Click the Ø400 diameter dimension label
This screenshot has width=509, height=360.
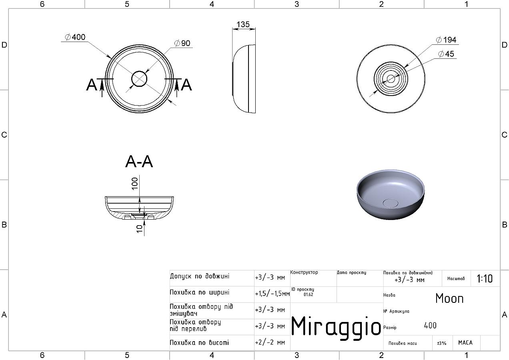(75, 37)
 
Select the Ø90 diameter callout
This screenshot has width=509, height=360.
(182, 43)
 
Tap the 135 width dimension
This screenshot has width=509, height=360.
(243, 24)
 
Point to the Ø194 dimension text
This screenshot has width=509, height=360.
(446, 40)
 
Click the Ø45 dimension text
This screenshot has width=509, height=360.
(446, 54)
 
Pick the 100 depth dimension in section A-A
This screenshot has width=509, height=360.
(135, 184)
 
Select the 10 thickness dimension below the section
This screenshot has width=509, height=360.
(139, 229)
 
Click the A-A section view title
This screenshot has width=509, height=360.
(139, 162)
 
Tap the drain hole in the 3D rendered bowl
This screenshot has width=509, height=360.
(390, 203)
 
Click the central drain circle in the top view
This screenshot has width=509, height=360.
(139, 79)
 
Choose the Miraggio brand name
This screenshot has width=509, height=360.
(336, 327)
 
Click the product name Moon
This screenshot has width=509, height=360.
(449, 298)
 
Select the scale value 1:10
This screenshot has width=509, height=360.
(485, 279)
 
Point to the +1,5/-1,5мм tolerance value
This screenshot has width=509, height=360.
(272, 294)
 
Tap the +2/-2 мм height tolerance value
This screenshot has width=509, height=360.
(270, 342)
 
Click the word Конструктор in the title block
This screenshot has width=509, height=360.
(304, 272)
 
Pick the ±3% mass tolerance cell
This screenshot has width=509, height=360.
(442, 343)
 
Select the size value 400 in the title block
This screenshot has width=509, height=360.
(430, 326)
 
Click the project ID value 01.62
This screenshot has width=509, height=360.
(309, 294)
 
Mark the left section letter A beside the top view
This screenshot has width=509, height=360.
(92, 85)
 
